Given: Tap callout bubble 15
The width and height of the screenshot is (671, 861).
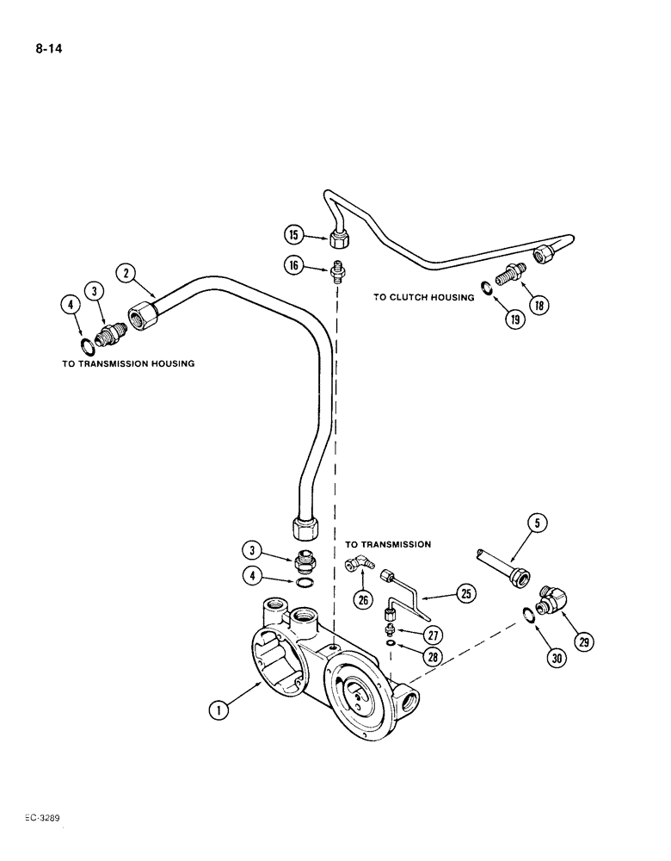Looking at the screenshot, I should [x=293, y=233].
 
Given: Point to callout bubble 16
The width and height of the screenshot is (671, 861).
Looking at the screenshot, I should [x=293, y=266].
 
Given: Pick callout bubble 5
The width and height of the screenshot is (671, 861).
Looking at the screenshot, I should [x=539, y=523].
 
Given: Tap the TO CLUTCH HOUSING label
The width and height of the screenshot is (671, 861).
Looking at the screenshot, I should [x=423, y=297].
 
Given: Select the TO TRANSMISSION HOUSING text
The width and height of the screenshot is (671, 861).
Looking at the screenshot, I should [x=128, y=363].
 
